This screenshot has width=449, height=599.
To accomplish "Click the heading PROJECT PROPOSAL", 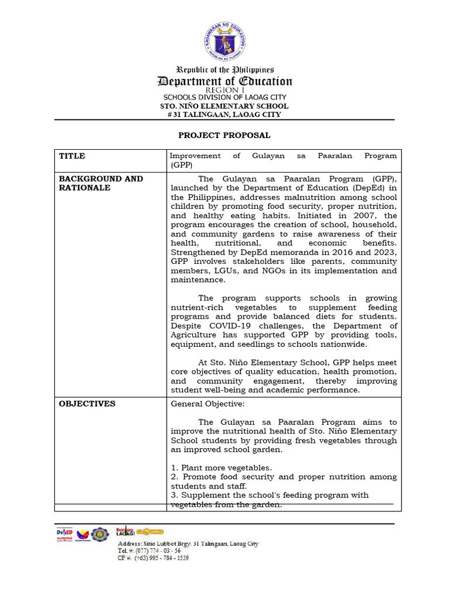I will (x=224, y=135).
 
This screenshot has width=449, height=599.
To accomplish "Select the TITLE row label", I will (x=72, y=156).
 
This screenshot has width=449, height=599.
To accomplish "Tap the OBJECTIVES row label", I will (x=87, y=404).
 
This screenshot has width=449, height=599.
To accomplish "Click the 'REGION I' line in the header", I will (x=225, y=90).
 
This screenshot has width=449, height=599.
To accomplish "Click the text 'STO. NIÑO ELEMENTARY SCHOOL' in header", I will (x=224, y=106).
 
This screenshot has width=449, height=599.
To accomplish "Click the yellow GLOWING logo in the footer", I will (x=150, y=531).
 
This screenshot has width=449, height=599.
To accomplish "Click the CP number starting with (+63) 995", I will (x=153, y=558).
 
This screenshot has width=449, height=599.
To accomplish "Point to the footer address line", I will (x=188, y=543).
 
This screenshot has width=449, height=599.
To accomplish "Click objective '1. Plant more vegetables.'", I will (x=221, y=468).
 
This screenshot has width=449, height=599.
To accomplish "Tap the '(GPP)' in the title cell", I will (x=181, y=166).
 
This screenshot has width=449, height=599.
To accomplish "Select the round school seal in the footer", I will (x=100, y=534).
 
